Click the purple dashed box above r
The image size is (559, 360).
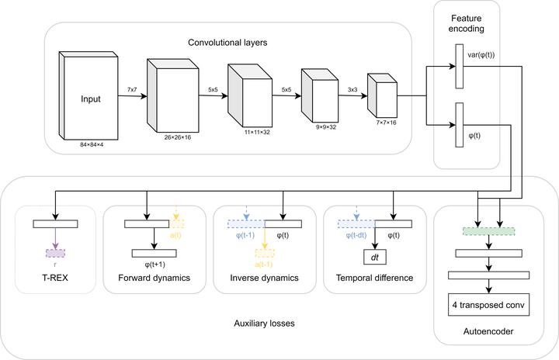pyautogui.click(x=54, y=252)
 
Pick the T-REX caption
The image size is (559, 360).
pyautogui.click(x=54, y=278)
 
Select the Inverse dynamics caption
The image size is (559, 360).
pyautogui.click(x=265, y=278)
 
